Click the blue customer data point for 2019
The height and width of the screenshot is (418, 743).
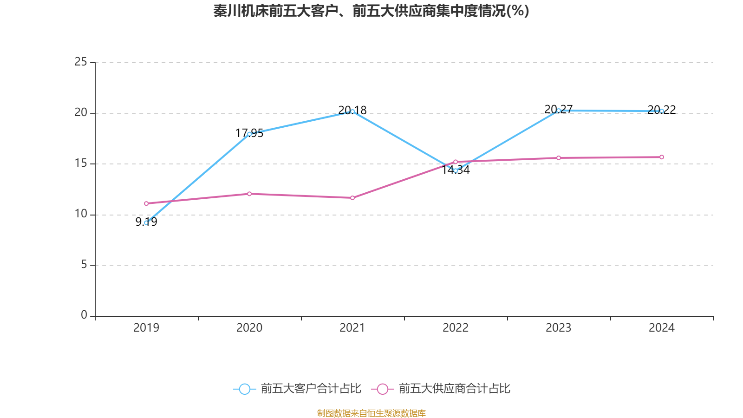click(x=146, y=223)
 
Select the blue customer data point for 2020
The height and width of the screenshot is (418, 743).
click(x=249, y=134)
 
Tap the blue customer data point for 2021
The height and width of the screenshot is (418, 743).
click(x=352, y=111)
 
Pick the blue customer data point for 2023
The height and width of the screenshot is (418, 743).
click(x=559, y=111)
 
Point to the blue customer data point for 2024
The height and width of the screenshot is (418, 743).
click(x=662, y=111)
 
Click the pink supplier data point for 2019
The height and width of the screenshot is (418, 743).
click(x=146, y=203)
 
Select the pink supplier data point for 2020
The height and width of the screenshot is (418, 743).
click(x=249, y=194)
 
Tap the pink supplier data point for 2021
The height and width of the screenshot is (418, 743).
click(x=352, y=198)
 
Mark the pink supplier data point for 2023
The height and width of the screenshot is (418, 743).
click(x=559, y=158)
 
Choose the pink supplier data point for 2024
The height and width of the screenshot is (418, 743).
click(x=662, y=157)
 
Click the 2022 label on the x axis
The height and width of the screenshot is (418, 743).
click(x=456, y=328)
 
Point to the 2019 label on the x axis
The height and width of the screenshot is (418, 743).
click(x=146, y=328)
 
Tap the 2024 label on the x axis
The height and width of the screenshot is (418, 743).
click(x=662, y=328)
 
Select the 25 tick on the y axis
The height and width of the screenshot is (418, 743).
click(x=81, y=62)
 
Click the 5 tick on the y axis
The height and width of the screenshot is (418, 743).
click(x=84, y=265)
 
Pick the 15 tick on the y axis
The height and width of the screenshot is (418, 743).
click(x=81, y=163)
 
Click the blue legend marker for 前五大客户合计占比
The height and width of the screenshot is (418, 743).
click(x=244, y=389)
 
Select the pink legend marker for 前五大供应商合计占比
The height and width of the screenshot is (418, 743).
click(x=382, y=389)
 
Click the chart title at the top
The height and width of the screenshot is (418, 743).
click(x=371, y=11)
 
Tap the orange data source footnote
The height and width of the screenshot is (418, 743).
click(x=371, y=413)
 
